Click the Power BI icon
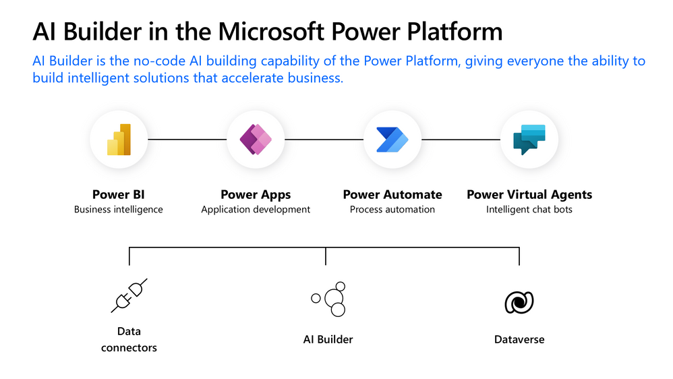point(118,139)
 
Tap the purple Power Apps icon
point(256,139)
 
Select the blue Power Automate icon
point(392,139)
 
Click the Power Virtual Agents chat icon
point(529,139)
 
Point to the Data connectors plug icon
point(129,296)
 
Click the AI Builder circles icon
point(329,299)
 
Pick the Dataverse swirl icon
point(519,302)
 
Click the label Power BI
point(118,194)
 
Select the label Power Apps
point(256,194)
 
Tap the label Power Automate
point(392,194)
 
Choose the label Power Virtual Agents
point(529,194)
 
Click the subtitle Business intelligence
point(118,210)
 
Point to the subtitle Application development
point(256,210)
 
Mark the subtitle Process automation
point(392,210)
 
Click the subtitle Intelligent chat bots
point(529,210)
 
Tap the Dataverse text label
point(519,339)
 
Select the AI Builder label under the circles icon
point(328,339)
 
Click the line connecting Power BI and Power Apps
point(187,139)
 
